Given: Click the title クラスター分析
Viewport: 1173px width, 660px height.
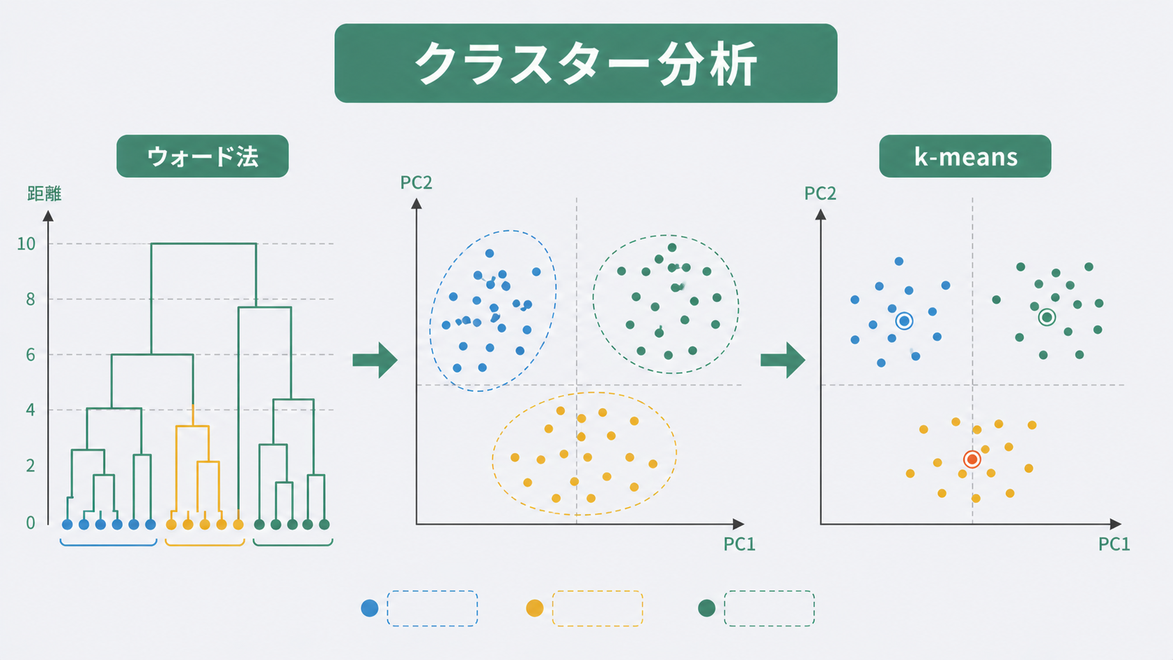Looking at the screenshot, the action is (x=586, y=63).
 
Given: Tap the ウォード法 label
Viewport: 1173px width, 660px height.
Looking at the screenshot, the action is (x=203, y=156).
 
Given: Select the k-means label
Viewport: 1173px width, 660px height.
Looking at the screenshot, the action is (x=965, y=156).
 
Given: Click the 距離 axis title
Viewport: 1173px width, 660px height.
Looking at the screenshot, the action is (x=44, y=194).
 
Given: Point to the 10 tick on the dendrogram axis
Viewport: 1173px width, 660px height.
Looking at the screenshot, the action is (x=26, y=243).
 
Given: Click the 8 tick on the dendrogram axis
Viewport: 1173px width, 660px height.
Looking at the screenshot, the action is (x=30, y=299).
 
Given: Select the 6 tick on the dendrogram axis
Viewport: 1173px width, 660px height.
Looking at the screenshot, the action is (x=30, y=354).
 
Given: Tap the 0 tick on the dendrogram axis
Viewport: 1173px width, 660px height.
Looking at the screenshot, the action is (x=30, y=523).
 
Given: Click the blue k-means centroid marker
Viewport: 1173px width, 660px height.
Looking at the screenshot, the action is (x=904, y=321).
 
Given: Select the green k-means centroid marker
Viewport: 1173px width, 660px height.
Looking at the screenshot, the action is (x=1047, y=317).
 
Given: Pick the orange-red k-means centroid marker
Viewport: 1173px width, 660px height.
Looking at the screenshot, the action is (x=972, y=459).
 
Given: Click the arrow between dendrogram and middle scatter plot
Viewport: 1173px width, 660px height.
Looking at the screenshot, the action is (x=375, y=360).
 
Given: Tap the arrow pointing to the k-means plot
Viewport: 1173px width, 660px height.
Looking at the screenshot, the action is (x=783, y=360).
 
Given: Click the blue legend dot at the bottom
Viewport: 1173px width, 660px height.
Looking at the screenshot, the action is (x=370, y=608).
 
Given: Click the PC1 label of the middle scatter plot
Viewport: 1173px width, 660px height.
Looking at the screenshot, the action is (x=739, y=544).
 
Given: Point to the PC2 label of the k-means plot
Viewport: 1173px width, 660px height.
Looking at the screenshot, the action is (x=820, y=193).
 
